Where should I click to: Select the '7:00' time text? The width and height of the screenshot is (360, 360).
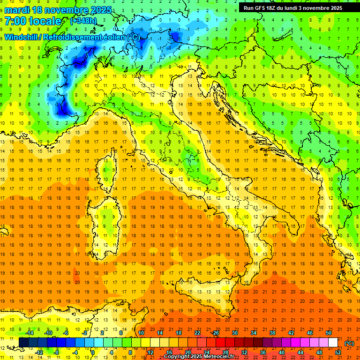pos(15,21)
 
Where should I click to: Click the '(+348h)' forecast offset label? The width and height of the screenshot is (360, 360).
pos(84,21)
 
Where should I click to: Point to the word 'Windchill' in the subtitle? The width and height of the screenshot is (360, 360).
pos(21,37)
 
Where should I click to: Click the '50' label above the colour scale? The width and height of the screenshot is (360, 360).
pos(329,333)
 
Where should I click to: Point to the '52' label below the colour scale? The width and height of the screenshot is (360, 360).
pos(338,352)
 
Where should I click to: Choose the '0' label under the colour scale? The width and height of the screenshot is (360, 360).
pos(93,352)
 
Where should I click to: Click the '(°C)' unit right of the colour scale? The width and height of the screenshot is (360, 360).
pos(349,343)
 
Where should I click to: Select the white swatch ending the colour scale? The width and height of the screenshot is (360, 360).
pos(333,343)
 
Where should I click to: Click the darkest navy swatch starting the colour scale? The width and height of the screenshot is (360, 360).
pos(23,343)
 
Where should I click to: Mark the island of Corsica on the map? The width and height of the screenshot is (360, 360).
pos(109,166)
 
